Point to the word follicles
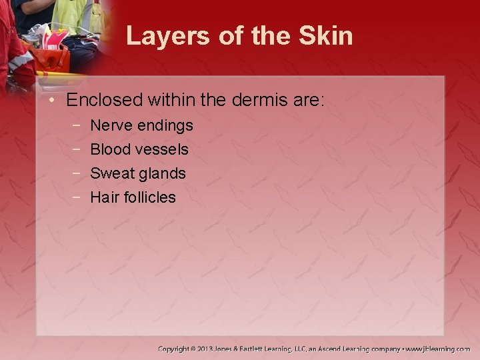pos(148,197)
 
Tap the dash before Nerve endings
pos(77,125)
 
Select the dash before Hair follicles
pos(77,197)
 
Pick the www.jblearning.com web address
pos(438,349)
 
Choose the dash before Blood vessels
pos(77,149)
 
